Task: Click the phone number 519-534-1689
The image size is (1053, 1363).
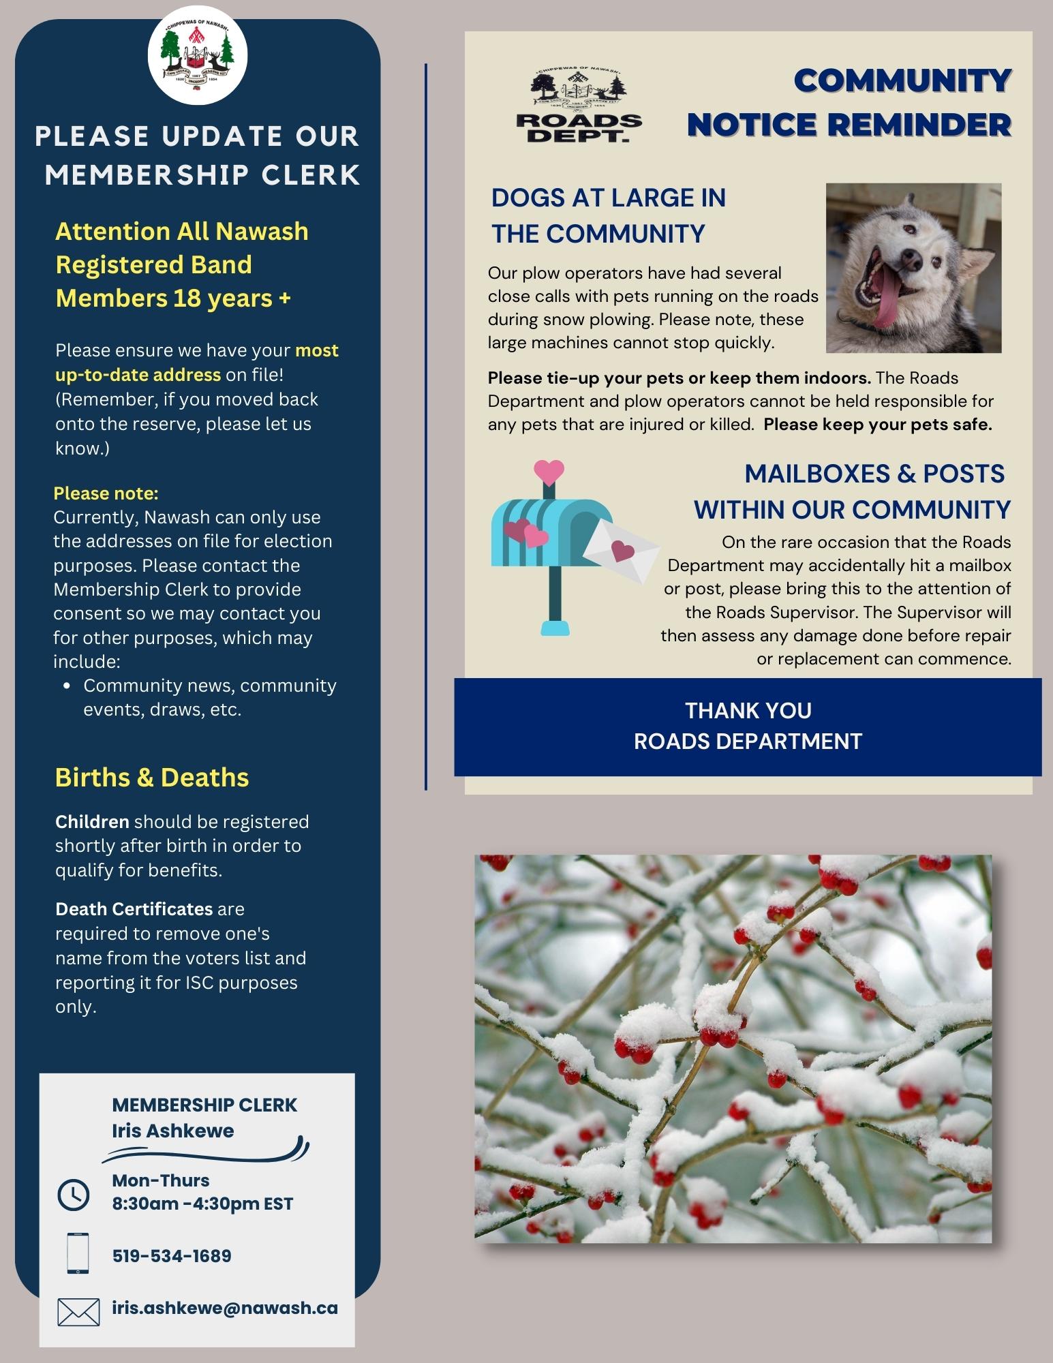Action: (x=172, y=1256)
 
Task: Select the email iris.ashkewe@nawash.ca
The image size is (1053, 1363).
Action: (x=225, y=1308)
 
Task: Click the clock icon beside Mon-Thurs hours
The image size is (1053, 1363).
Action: (x=74, y=1195)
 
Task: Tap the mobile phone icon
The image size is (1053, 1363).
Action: (x=78, y=1253)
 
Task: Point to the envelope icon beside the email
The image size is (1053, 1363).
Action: (x=78, y=1312)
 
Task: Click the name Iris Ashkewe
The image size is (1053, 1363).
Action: (x=173, y=1131)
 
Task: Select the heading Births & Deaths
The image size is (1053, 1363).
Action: (x=152, y=778)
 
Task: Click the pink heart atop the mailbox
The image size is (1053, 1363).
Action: (x=549, y=471)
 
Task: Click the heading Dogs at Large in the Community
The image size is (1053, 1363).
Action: (x=609, y=215)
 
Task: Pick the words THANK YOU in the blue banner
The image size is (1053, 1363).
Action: (x=748, y=711)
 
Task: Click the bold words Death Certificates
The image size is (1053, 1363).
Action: (x=134, y=909)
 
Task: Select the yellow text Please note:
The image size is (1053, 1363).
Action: (x=106, y=493)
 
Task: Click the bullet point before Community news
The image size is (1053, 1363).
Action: (x=67, y=686)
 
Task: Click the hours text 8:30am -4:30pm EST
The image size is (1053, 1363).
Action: (x=202, y=1204)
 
